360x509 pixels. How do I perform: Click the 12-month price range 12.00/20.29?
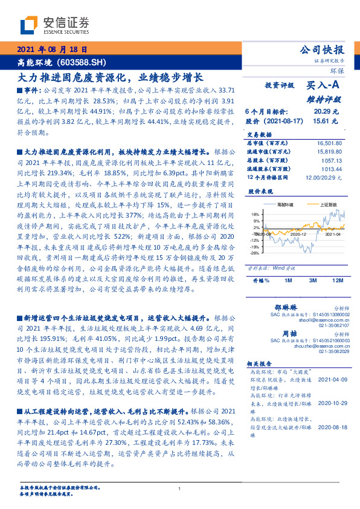click(x=325, y=178)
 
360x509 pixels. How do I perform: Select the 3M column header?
click(x=313, y=280)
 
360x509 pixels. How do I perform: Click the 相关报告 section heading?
click(x=262, y=363)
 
